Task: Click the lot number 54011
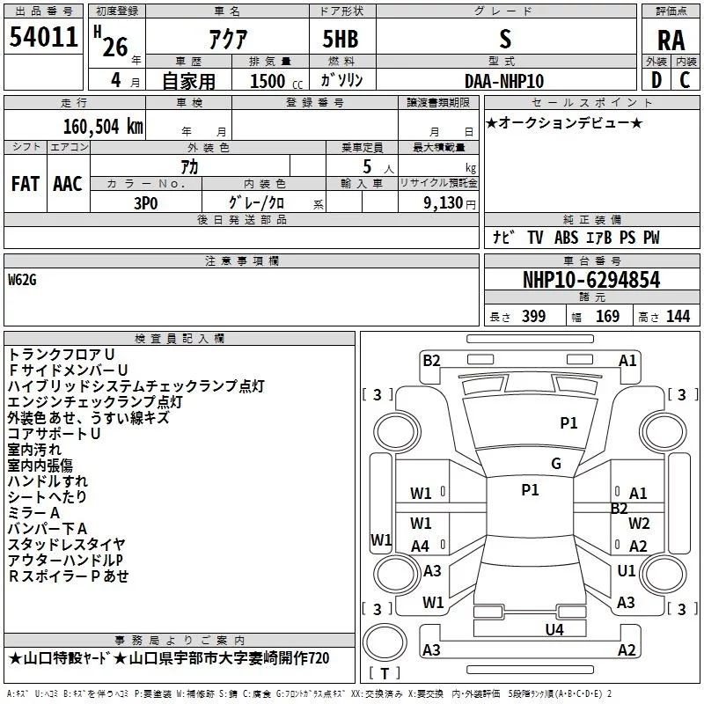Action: coord(43,37)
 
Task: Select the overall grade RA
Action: coord(671,40)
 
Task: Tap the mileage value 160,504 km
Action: coord(103,127)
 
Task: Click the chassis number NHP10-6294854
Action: coord(591,280)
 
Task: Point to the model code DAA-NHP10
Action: coord(504,81)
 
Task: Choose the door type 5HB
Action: coord(341,39)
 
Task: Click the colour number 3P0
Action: coord(146,203)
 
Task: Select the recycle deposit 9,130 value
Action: coord(444,203)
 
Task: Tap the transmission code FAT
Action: coord(26,184)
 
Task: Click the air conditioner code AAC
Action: coord(68,184)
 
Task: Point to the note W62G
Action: coord(22,280)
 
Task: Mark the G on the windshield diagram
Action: coord(556,464)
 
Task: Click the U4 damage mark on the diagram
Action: coord(554,630)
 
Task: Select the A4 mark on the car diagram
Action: coord(420,546)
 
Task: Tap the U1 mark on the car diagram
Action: coord(626,570)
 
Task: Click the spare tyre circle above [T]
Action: coord(385,642)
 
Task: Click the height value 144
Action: coord(678,316)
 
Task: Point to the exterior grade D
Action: coord(656,80)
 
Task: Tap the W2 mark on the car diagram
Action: coord(639,524)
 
